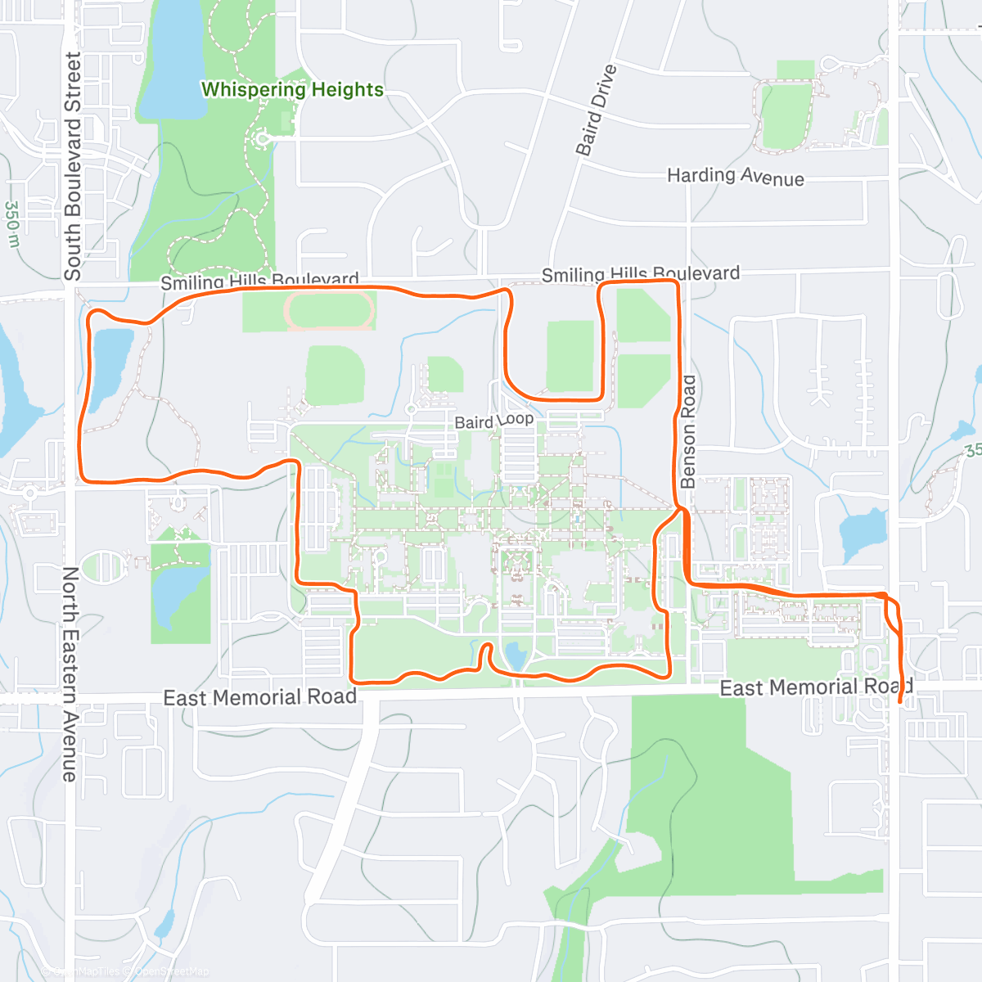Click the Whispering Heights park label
pos(292,89)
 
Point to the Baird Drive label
pos(595,110)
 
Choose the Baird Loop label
pos(493,421)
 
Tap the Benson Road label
pos(688,431)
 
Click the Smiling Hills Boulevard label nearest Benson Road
pos(640,274)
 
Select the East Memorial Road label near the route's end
pos(815,687)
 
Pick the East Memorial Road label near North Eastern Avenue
pos(259,697)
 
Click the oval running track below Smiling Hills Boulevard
pos(329,312)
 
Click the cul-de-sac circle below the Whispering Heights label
pos(263,140)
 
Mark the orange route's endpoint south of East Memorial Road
pos(900,701)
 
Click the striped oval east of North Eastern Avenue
pos(103,565)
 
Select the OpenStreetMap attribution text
pos(171,971)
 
